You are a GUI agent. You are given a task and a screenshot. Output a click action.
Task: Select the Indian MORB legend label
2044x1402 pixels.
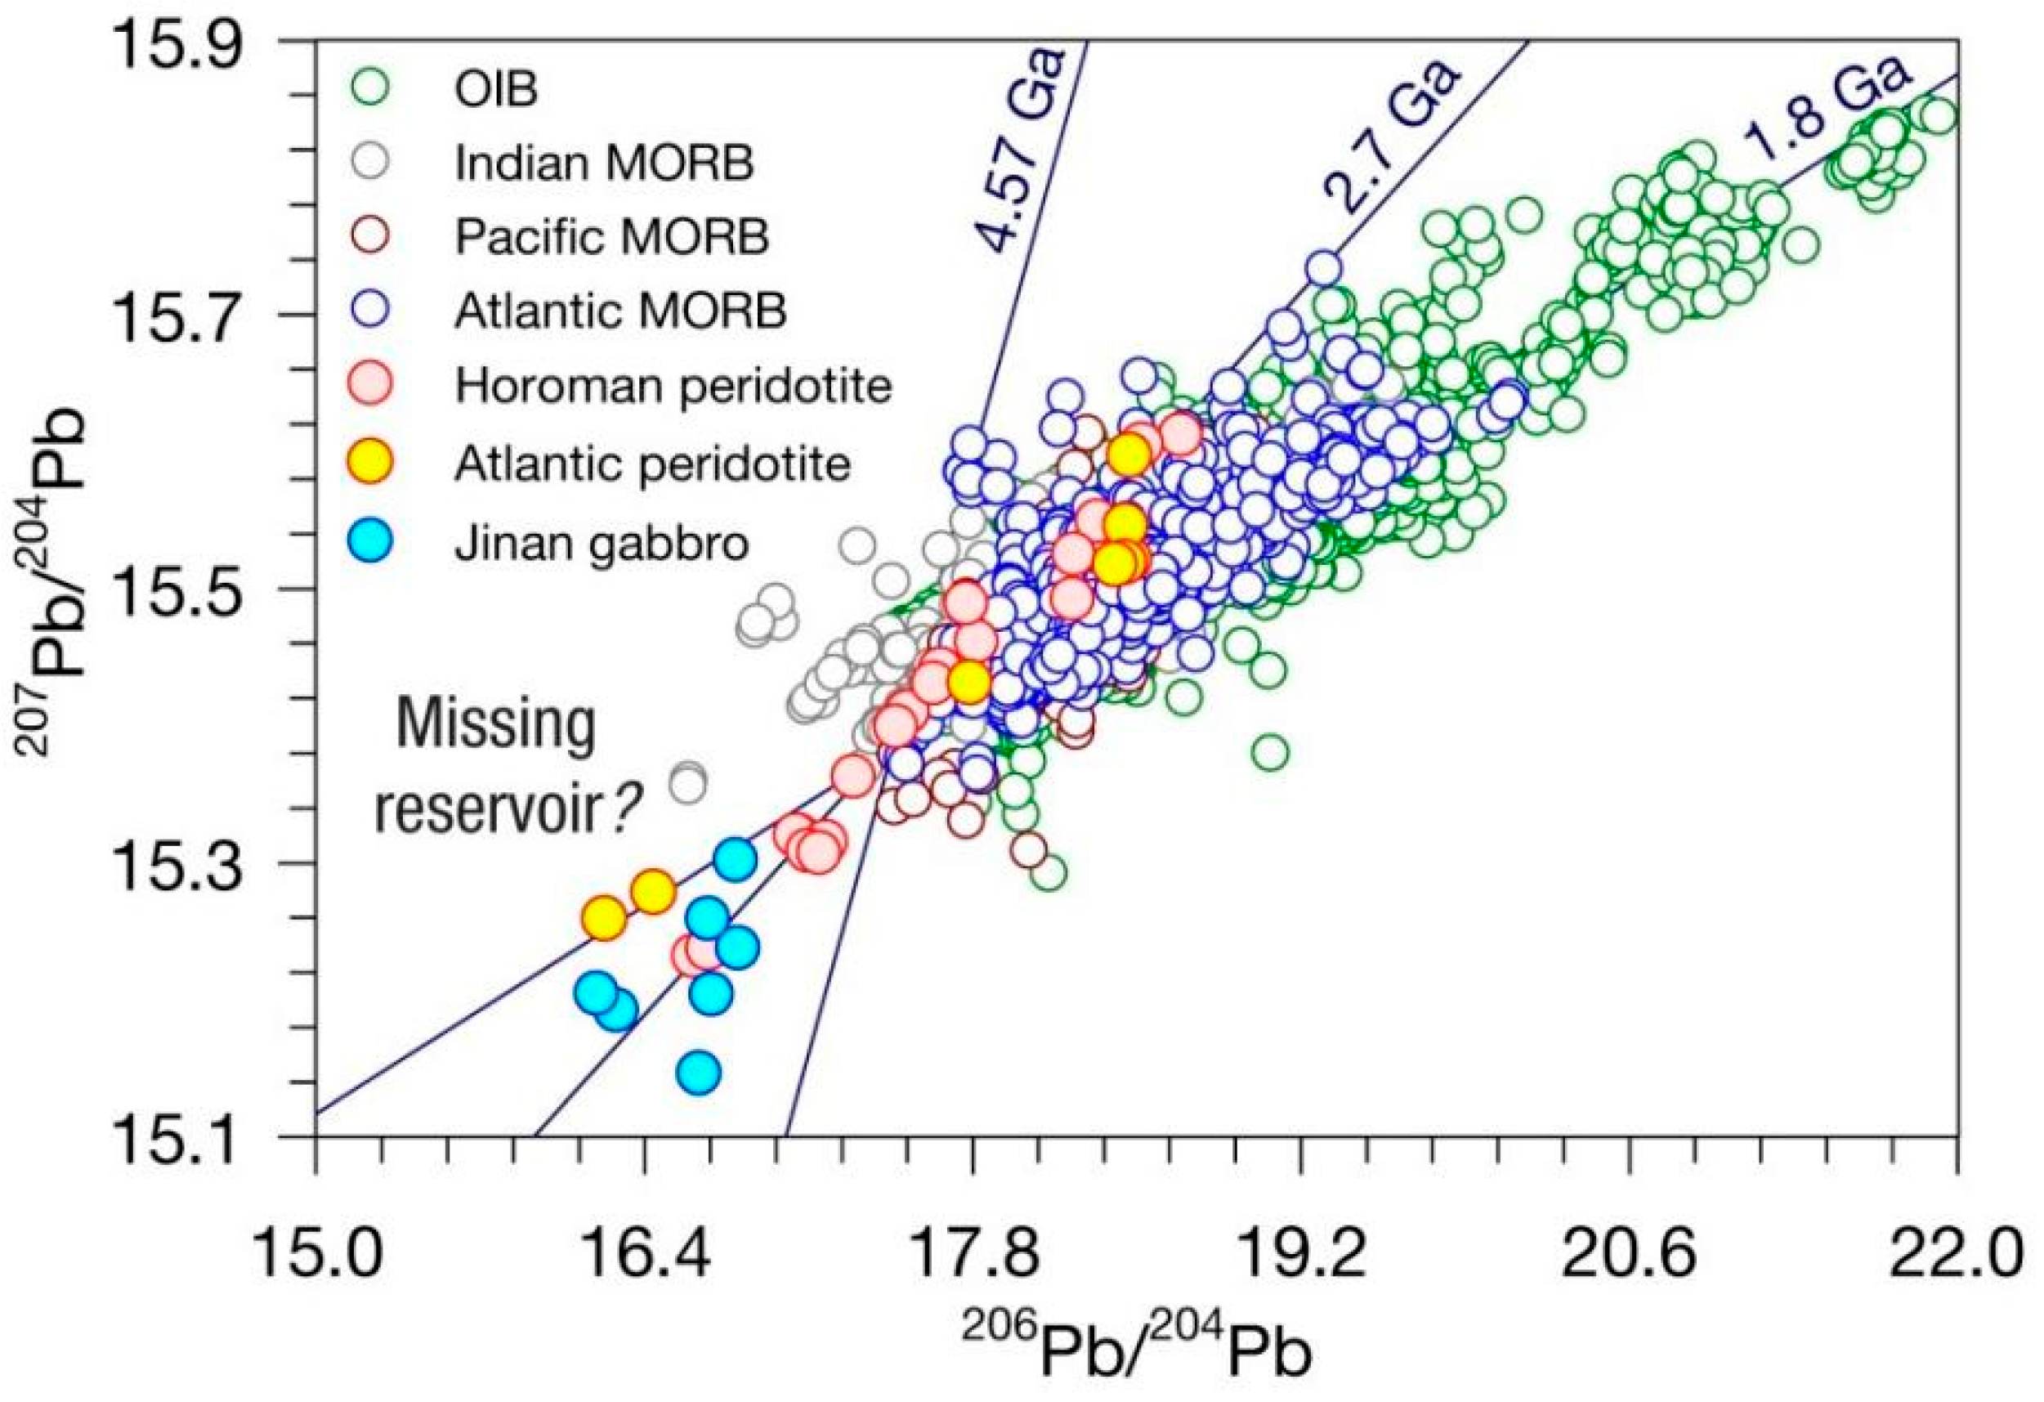[603, 163]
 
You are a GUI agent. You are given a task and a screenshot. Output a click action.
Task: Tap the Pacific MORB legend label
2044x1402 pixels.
[611, 236]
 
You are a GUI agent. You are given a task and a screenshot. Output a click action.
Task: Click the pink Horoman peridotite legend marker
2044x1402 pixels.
[373, 385]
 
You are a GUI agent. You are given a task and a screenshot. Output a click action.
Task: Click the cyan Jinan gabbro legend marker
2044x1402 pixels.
[373, 541]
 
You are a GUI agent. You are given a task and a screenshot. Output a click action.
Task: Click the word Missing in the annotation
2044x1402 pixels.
[496, 726]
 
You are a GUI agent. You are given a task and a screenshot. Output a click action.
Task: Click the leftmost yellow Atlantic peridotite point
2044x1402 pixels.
[604, 919]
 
